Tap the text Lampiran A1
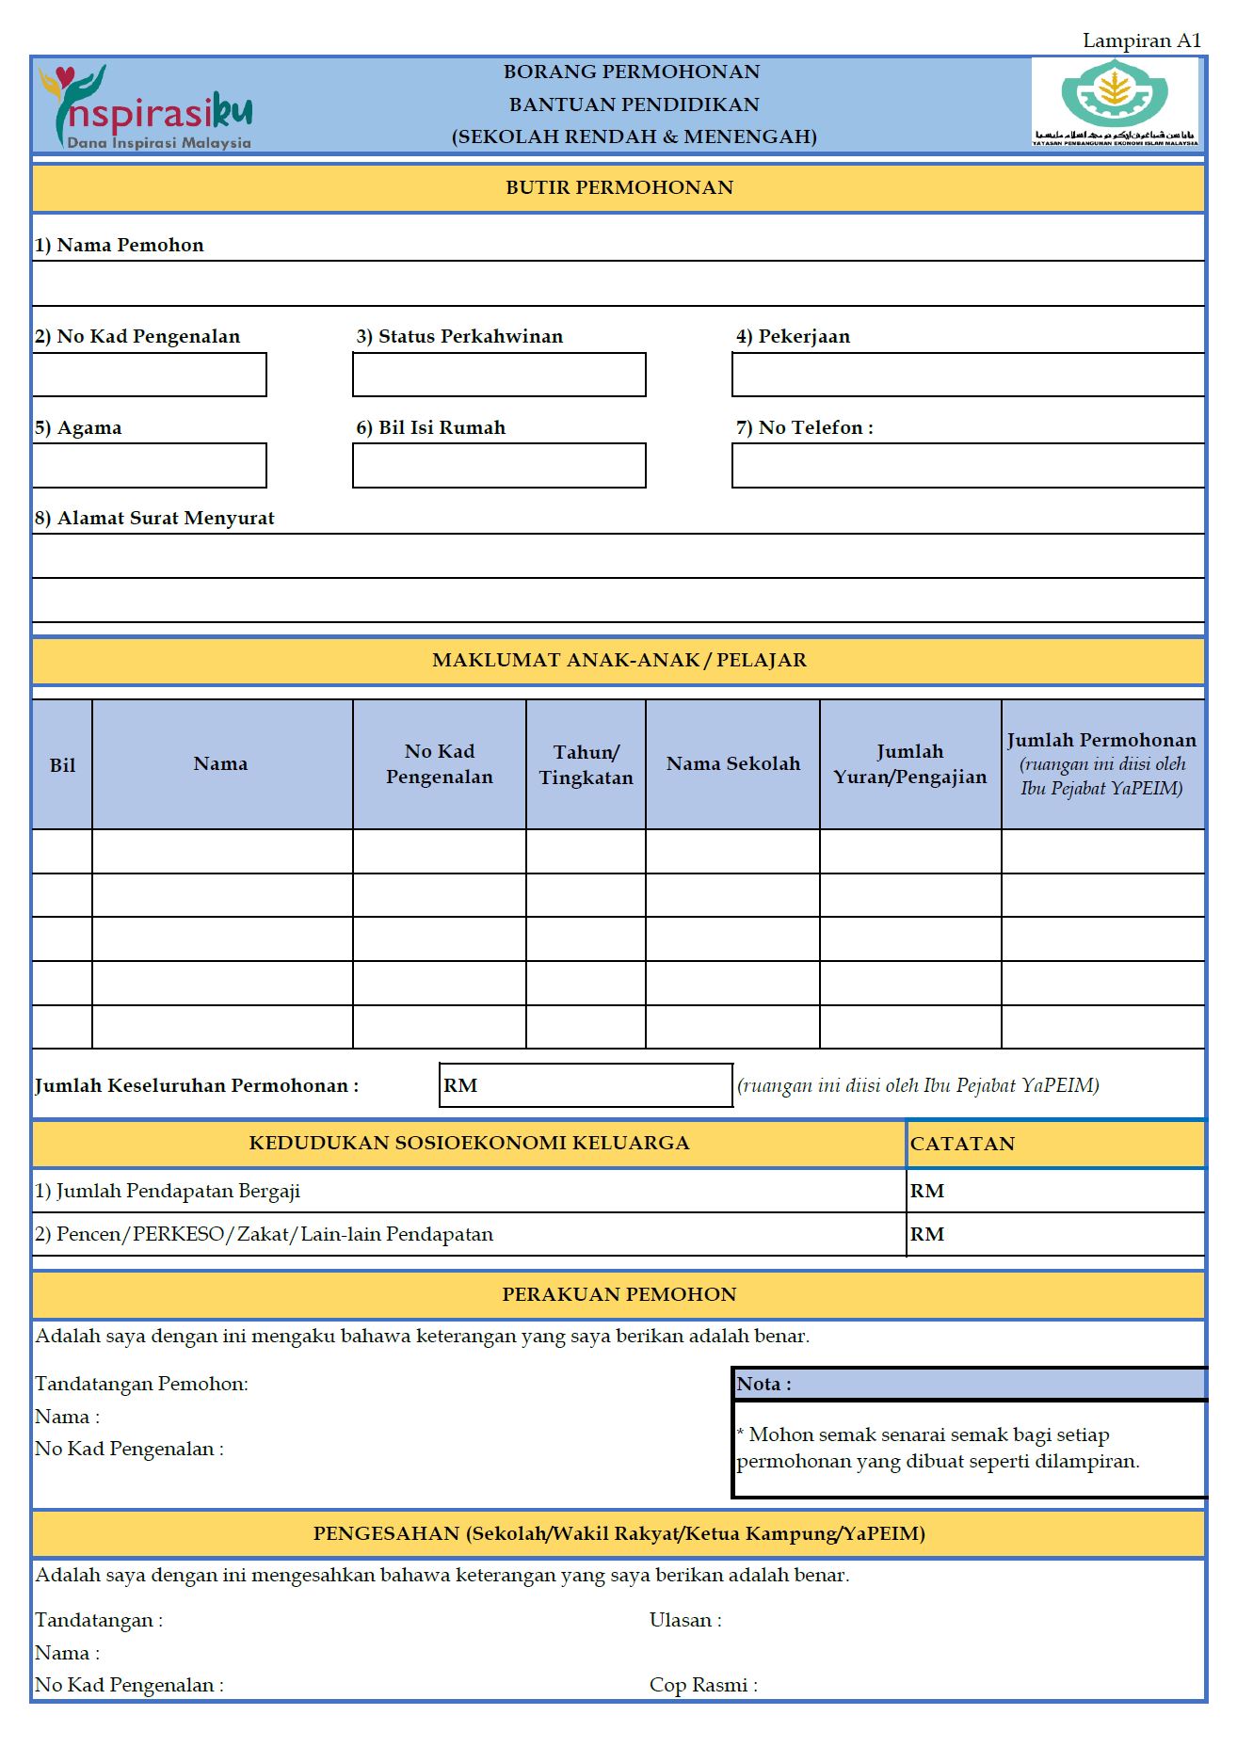[1141, 40]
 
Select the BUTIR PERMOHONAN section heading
[618, 187]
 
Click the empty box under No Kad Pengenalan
[150, 375]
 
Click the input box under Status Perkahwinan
[499, 375]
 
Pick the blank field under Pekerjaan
[968, 375]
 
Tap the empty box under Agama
[150, 466]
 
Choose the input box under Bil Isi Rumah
[499, 466]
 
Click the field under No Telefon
[968, 466]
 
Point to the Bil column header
[62, 765]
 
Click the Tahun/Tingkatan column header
[586, 765]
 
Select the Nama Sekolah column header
[732, 764]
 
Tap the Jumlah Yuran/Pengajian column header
[909, 764]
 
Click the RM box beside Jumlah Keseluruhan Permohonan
[586, 1085]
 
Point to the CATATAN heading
[962, 1144]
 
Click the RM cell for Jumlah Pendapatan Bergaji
[1054, 1191]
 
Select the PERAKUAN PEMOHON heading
[618, 1294]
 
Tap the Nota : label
[763, 1384]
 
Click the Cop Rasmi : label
[702, 1685]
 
